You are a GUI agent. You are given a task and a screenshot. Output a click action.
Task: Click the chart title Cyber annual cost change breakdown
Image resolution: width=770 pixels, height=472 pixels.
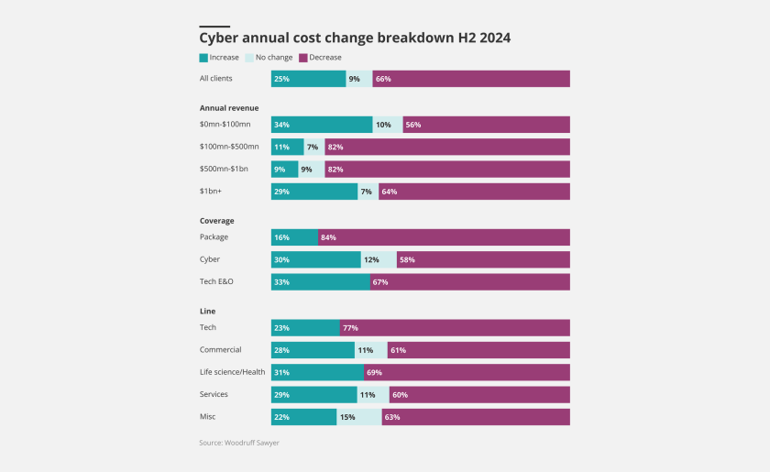pos(355,38)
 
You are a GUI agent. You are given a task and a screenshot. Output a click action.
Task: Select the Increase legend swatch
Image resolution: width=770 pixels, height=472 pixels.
pos(203,58)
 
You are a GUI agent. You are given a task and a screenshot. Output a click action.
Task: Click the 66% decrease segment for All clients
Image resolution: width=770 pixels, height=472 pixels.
pos(471,79)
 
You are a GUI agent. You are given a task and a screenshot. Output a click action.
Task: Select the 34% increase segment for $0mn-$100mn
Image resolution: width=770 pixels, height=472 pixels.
pos(322,125)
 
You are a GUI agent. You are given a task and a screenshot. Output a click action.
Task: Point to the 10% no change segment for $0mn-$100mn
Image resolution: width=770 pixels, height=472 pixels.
pos(387,125)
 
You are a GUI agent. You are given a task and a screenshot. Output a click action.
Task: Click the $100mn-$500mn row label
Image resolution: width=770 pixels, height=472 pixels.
pos(229,147)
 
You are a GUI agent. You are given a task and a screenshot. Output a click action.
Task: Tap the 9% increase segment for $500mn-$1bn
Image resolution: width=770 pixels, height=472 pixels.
pos(284,169)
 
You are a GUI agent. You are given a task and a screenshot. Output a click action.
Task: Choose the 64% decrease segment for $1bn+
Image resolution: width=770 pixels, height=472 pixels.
pos(474,192)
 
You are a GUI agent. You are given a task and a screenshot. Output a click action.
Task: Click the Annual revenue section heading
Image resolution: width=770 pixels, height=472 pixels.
pos(229,108)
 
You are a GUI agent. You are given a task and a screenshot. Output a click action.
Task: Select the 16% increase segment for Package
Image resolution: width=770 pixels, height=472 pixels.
pos(294,237)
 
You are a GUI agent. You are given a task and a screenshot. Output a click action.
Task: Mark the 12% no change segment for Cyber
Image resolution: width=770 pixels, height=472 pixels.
pos(379,259)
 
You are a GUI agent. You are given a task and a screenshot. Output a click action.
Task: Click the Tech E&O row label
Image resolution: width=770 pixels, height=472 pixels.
pos(216,281)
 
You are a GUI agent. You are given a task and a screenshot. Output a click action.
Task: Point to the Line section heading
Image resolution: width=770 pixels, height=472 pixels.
pos(207,311)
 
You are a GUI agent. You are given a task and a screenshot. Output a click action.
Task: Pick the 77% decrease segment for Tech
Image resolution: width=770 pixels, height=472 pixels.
pos(455,327)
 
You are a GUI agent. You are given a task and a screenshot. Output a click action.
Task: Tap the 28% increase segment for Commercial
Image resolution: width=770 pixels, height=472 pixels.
pos(313,350)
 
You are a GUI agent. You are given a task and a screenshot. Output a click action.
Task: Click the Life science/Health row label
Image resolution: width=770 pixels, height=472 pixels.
pos(234,372)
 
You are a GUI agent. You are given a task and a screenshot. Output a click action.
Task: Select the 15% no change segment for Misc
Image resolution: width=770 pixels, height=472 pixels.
pos(358,417)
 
